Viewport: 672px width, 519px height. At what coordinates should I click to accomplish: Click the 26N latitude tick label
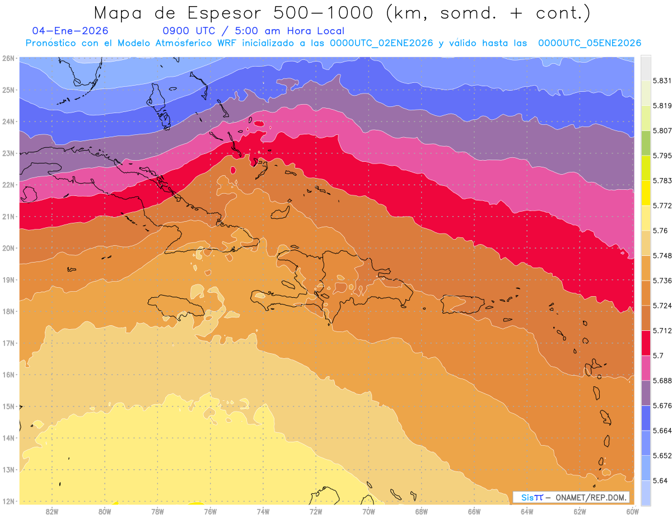click(x=9, y=58)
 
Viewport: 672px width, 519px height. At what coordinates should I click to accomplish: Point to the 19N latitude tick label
click(x=9, y=280)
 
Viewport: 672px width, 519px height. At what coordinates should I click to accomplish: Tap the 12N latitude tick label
click(x=9, y=501)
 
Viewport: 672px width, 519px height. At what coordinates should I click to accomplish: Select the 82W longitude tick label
click(x=52, y=511)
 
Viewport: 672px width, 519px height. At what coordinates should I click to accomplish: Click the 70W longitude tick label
click(x=368, y=511)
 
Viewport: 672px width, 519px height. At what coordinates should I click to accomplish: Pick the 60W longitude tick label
click(x=633, y=511)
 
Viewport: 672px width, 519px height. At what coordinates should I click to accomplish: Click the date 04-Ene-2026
click(x=71, y=31)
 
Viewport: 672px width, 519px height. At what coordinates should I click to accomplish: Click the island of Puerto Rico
click(x=463, y=304)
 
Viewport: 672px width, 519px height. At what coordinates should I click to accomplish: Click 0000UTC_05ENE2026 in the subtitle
click(x=589, y=43)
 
